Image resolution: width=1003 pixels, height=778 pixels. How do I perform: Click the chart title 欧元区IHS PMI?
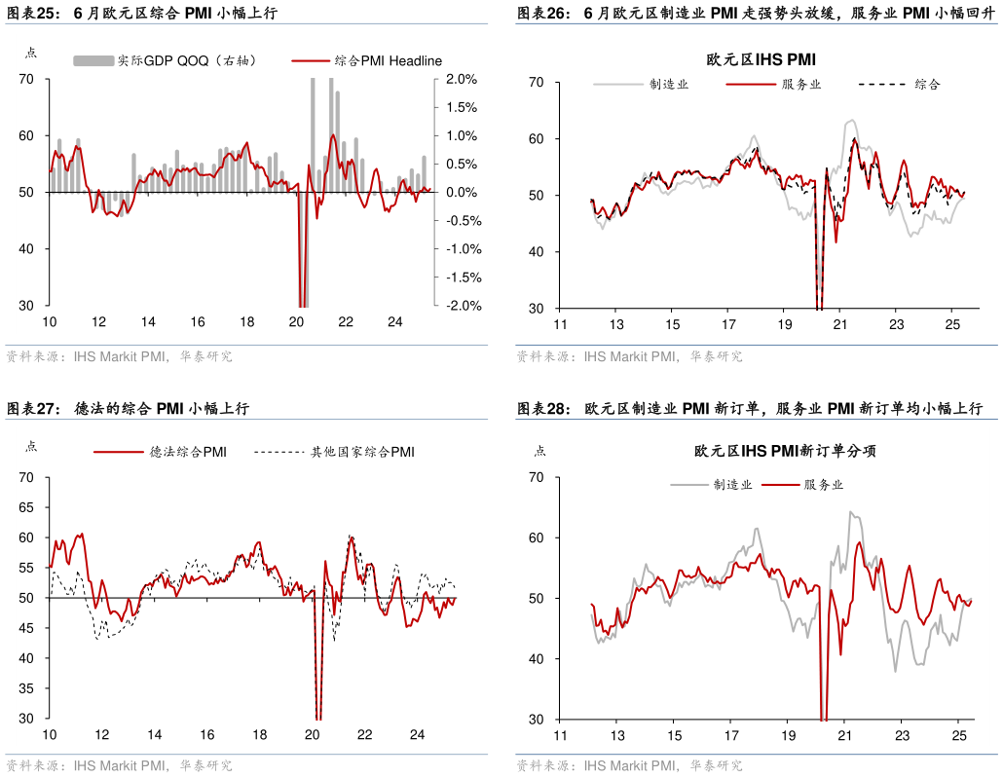pos(761,59)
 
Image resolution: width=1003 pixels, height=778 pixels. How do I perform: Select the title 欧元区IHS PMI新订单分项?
pos(785,452)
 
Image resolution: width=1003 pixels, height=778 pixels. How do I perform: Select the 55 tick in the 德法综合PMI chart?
pos(26,568)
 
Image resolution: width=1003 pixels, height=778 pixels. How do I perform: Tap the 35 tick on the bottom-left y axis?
pos(26,688)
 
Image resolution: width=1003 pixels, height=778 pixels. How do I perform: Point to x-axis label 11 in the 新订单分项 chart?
pos(560,735)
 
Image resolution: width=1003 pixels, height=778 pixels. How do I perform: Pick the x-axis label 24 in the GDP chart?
pos(394,322)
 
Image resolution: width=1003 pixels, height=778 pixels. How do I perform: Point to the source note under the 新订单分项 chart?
pos(629,766)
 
